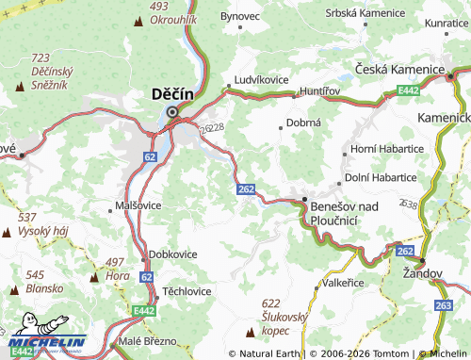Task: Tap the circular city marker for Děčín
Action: (171, 112)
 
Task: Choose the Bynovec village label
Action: (239, 16)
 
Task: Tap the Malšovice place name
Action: (138, 205)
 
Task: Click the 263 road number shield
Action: (444, 305)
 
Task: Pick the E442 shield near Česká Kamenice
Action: (408, 90)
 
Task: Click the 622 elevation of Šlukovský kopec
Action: (271, 303)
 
